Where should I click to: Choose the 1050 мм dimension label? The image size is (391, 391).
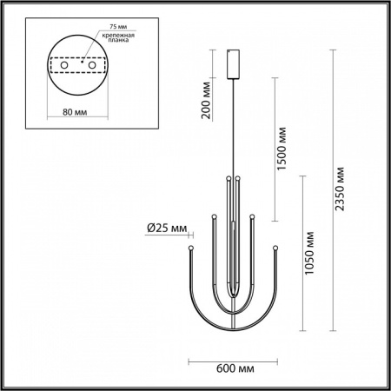313,251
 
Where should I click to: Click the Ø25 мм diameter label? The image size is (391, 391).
166,229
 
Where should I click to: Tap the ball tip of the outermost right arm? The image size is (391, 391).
275,248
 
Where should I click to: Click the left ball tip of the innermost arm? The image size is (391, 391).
228,178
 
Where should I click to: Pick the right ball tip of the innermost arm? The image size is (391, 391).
236,178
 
